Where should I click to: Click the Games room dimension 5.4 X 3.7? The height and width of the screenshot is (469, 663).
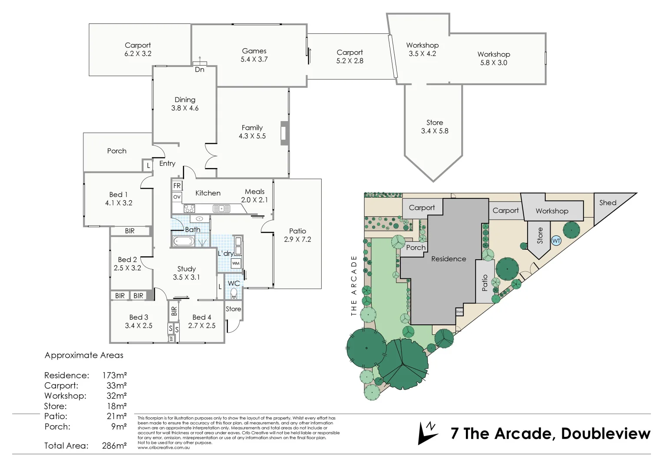tap(254, 59)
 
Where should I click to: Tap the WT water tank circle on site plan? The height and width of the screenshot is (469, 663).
tap(556, 241)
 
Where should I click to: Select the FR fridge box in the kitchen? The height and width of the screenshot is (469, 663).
tap(177, 186)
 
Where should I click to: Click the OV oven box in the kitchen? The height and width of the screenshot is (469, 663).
tap(177, 197)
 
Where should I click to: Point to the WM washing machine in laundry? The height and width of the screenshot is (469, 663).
tap(236, 263)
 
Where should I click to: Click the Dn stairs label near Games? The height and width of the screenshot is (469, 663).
tap(199, 69)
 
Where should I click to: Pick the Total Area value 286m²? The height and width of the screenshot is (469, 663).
tap(114, 446)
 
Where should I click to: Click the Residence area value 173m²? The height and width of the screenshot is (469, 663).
tap(114, 375)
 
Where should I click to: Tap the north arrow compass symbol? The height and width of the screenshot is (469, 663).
tap(427, 433)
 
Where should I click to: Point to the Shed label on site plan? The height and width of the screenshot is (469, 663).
tap(607, 203)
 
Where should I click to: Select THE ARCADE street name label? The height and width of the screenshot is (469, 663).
tap(353, 285)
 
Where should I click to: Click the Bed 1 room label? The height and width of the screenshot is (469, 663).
tap(118, 195)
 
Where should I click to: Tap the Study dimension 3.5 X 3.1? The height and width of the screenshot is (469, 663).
tap(186, 277)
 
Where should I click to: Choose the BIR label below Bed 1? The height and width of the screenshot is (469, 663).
tap(129, 231)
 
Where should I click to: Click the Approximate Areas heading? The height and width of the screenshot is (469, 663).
tap(84, 355)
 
